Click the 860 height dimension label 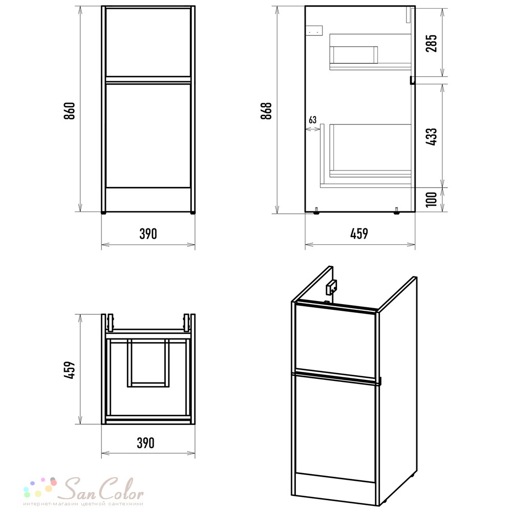coord(70,111)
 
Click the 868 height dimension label coord(266,111)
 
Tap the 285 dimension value coord(431,43)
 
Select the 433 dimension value coord(431,137)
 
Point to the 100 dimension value coord(431,199)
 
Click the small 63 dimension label coord(312,120)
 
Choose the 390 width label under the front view coord(148,234)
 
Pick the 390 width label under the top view coord(145,443)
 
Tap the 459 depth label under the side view coord(359,234)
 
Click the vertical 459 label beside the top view coord(70,370)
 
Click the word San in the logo coord(79,489)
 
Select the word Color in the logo coord(121,489)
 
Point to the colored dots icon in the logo coord(40,487)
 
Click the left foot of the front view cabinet coord(104,212)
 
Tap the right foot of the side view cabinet coord(396,211)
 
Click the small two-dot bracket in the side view coord(314,30)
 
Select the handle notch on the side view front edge coord(412,80)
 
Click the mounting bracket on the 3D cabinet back coord(331,286)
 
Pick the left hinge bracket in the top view coord(111,323)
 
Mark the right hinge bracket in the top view coord(186,323)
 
